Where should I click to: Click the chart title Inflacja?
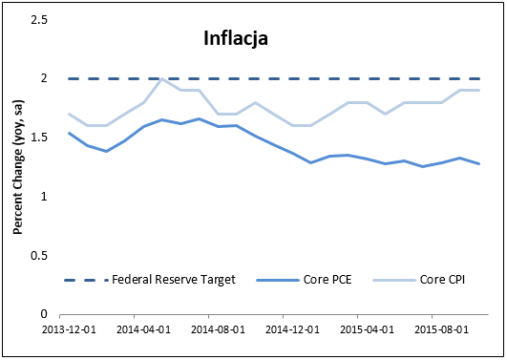tap(235, 39)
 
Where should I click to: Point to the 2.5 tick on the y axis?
tap(40, 18)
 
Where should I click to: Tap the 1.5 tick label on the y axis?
tap(40, 138)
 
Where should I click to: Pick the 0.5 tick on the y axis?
tap(40, 256)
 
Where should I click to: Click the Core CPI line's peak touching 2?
tap(161, 79)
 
